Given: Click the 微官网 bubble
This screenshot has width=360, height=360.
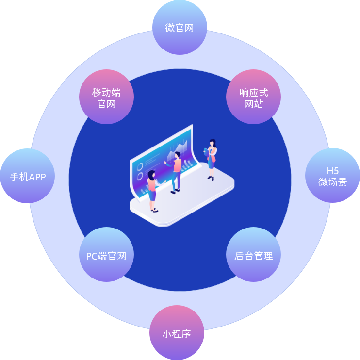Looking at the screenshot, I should coord(180,28).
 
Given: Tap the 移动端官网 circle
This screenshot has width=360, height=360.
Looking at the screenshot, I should coord(106,98).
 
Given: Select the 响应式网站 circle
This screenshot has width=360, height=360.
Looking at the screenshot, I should coord(253,98).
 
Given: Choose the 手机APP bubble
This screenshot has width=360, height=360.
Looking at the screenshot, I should coord(28,177).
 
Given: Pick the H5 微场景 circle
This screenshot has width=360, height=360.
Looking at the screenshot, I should coord(332,176).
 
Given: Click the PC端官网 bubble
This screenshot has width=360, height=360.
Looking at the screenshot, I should coord(106,255).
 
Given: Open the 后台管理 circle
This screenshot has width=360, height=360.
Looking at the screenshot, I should coord(253,255).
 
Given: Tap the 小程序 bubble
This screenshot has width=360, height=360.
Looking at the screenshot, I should coord(177,333).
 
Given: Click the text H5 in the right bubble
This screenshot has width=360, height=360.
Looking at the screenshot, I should coord(332,171).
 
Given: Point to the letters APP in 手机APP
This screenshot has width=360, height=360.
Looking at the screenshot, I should coord(37,177).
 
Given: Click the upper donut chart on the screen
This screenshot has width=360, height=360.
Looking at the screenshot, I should coord(140,166).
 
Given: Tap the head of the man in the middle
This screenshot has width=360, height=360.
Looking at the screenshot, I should coord(178,155).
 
